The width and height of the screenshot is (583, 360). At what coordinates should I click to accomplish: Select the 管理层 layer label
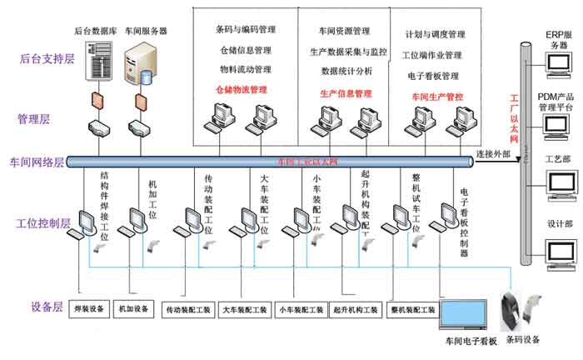click(34, 119)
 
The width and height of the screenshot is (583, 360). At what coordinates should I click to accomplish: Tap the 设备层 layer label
click(34, 307)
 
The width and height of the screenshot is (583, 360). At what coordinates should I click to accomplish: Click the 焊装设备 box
click(89, 309)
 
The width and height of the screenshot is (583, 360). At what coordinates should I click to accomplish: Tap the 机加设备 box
click(134, 309)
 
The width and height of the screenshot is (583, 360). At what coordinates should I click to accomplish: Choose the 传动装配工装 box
click(189, 310)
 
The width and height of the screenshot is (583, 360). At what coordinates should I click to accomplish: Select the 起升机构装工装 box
click(356, 310)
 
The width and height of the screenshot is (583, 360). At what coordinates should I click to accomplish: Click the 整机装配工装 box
click(414, 310)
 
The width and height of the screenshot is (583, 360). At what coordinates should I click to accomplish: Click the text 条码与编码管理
click(245, 30)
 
